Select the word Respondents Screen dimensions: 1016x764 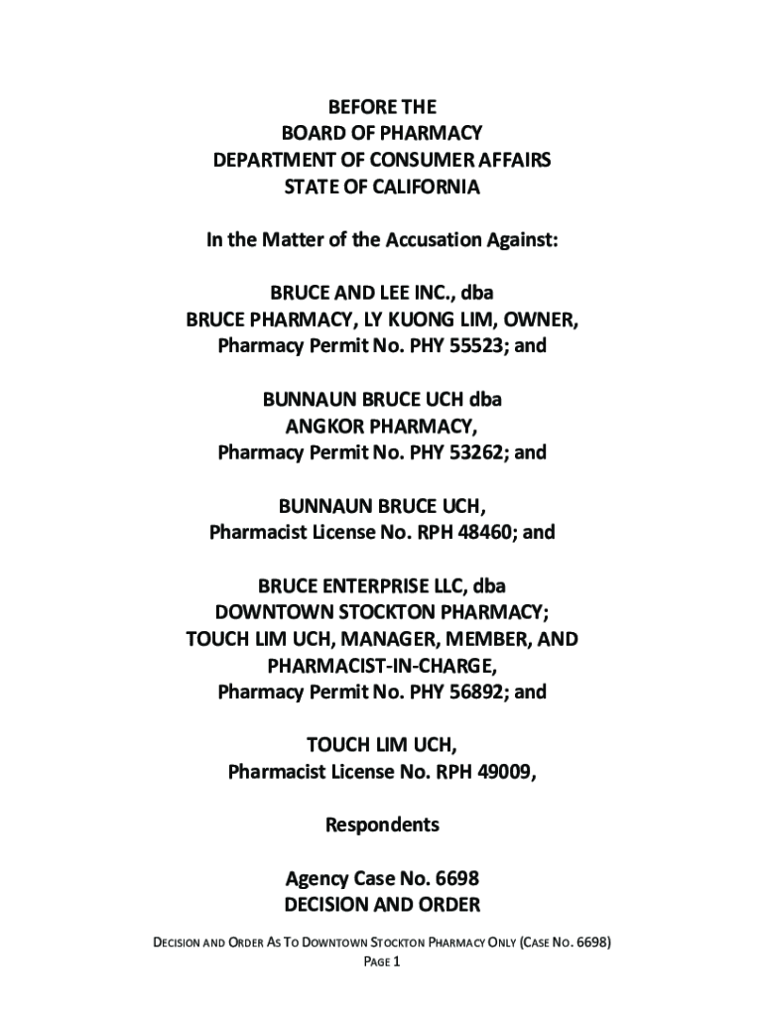[x=382, y=825]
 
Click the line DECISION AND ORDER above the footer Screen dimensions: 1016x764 [x=382, y=905]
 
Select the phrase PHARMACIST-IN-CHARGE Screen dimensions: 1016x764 [x=382, y=666]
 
